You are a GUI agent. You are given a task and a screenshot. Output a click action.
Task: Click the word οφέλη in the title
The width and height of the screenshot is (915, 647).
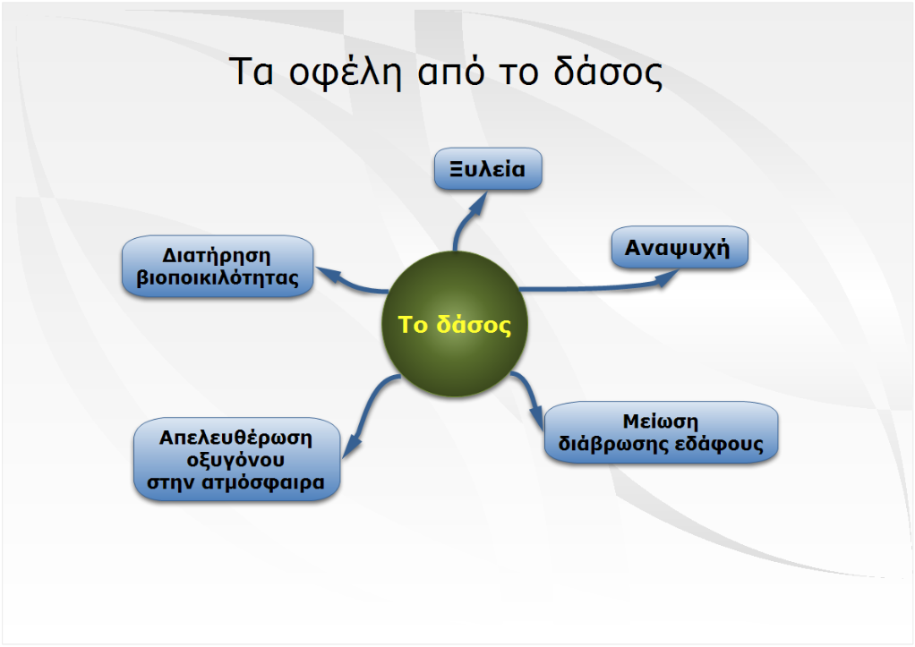[345, 72]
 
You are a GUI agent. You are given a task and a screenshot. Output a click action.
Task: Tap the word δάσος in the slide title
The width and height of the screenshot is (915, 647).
[608, 72]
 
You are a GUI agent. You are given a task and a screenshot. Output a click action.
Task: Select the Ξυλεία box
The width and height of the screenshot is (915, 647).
[488, 168]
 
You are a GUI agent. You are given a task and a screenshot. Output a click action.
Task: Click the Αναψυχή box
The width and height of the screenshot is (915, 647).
[680, 247]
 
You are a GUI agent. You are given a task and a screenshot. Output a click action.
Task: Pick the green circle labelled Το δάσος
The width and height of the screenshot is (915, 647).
[455, 324]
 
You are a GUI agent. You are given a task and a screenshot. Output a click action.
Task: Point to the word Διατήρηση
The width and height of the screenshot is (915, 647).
[217, 256]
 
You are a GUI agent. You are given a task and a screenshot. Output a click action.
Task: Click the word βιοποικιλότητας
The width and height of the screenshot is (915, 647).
[218, 277]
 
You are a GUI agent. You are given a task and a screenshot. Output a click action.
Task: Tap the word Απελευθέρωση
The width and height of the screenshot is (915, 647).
[235, 437]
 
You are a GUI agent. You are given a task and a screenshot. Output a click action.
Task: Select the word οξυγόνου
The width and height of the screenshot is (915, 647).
[235, 460]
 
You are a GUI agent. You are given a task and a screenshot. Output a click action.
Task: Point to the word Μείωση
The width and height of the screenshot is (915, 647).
[661, 421]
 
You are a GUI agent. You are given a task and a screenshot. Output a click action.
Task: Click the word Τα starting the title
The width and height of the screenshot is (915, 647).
[251, 72]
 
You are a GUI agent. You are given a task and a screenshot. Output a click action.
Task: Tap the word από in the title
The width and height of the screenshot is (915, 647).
[451, 72]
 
